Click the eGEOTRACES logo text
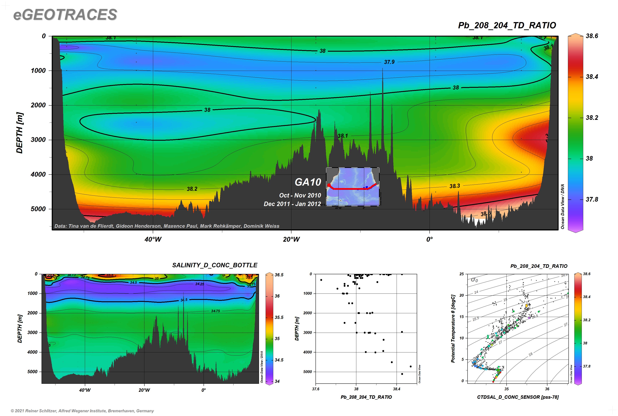pyautogui.click(x=65, y=15)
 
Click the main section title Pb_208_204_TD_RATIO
pyautogui.click(x=507, y=25)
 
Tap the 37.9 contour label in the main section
pyautogui.click(x=389, y=62)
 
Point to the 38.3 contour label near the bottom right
pyautogui.click(x=454, y=186)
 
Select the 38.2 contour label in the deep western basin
pyautogui.click(x=192, y=189)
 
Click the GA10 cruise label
pyautogui.click(x=308, y=182)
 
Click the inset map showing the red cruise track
pyautogui.click(x=353, y=186)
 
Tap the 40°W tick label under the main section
pyautogui.click(x=153, y=239)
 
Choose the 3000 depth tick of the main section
pyautogui.click(x=38, y=140)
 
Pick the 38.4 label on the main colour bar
pyautogui.click(x=592, y=77)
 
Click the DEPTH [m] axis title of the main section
pyautogui.click(x=20, y=133)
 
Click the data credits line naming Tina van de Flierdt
pyautogui.click(x=167, y=226)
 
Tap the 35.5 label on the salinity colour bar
pyautogui.click(x=279, y=317)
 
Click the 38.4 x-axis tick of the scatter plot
pyautogui.click(x=396, y=389)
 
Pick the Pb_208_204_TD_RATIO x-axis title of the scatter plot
pyautogui.click(x=366, y=397)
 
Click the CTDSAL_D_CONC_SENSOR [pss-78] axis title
pyautogui.click(x=518, y=397)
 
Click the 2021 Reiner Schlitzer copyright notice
pyautogui.click(x=82, y=411)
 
